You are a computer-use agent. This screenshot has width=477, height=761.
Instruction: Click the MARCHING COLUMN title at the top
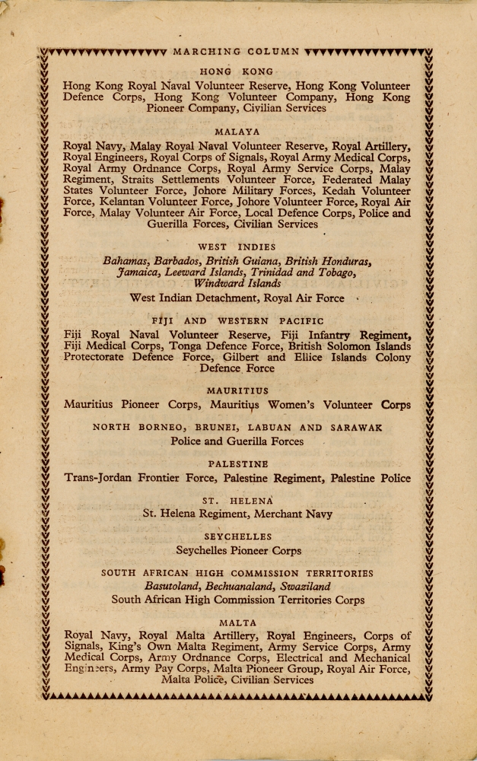pyautogui.click(x=237, y=52)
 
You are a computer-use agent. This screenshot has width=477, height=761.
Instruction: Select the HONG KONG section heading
pyautogui.click(x=237, y=72)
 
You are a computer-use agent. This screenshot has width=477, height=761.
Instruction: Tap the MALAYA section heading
pyautogui.click(x=237, y=132)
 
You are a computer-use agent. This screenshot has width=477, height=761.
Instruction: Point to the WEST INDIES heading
pyautogui.click(x=237, y=247)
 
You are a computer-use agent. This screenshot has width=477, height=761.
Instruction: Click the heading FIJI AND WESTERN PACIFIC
pyautogui.click(x=237, y=321)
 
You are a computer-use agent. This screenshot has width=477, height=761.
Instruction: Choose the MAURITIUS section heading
pyautogui.click(x=237, y=391)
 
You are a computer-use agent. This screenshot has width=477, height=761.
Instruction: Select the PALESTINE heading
pyautogui.click(x=237, y=463)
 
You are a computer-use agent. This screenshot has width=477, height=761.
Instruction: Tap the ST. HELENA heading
pyautogui.click(x=237, y=500)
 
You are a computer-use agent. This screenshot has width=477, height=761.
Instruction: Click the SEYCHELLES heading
pyautogui.click(x=237, y=537)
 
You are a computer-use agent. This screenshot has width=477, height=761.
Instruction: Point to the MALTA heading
pyautogui.click(x=237, y=622)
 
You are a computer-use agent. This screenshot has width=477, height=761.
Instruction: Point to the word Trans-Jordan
pyautogui.click(x=98, y=479)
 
